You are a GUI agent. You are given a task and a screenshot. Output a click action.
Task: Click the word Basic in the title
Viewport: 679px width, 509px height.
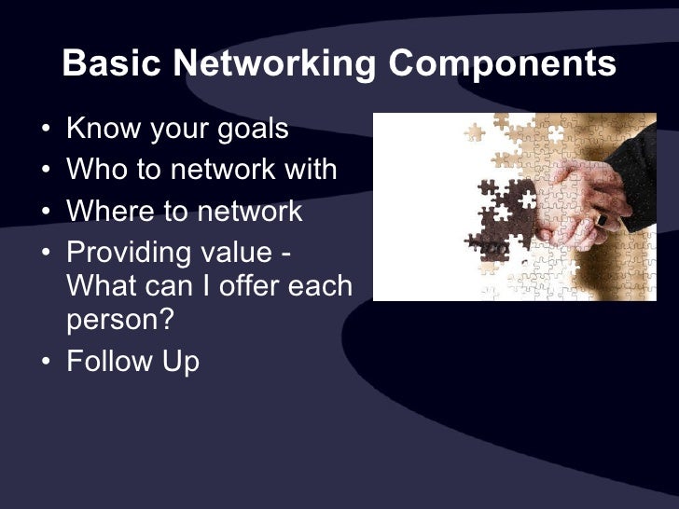(x=115, y=63)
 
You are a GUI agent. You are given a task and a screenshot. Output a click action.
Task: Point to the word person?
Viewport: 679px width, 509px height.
(x=120, y=319)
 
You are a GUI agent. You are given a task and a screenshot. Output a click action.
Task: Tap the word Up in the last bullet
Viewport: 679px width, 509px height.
(x=179, y=362)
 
